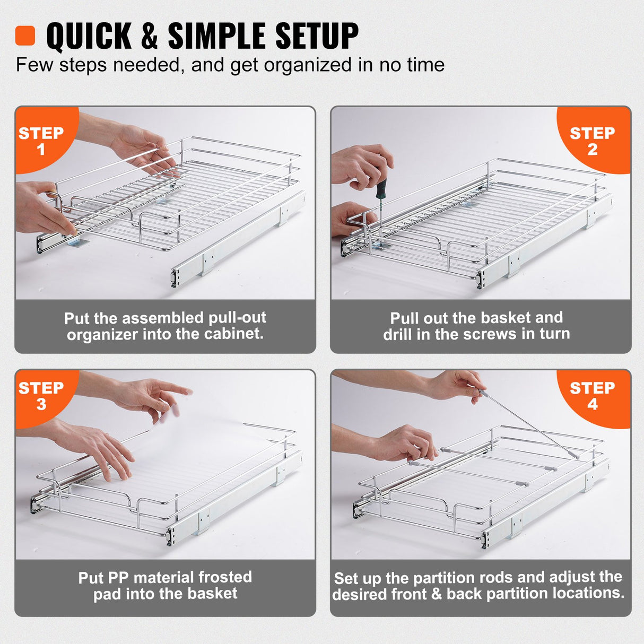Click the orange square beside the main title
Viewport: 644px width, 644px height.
pyautogui.click(x=25, y=36)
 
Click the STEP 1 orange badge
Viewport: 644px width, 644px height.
pyautogui.click(x=41, y=140)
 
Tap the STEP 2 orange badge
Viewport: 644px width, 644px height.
pyautogui.click(x=592, y=140)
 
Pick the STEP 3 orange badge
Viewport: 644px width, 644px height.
pyautogui.click(x=41, y=395)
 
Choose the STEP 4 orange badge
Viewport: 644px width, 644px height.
pyautogui.click(x=592, y=395)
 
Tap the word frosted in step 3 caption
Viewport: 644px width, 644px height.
pyautogui.click(x=225, y=577)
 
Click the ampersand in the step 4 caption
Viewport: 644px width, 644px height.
pyautogui.click(x=436, y=594)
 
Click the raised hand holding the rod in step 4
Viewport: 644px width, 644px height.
pyautogui.click(x=454, y=385)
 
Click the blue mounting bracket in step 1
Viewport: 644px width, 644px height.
pyautogui.click(x=79, y=243)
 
